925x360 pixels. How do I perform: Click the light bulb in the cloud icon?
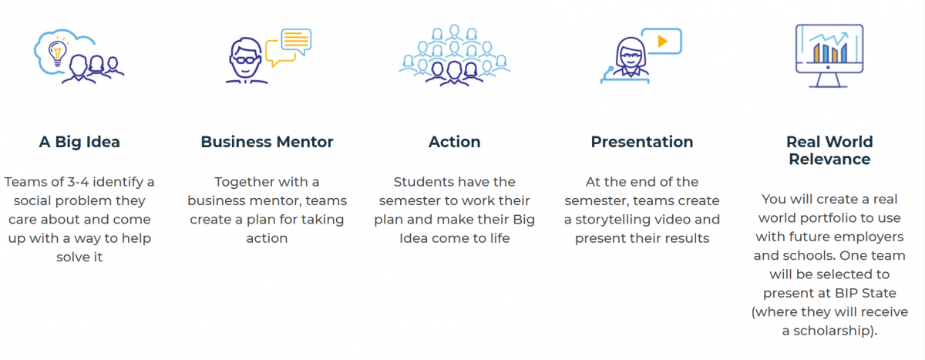pos(57,52)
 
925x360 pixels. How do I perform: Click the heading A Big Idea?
pos(79,142)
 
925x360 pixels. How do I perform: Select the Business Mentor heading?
pos(267,142)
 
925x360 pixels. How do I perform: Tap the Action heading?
pos(454,142)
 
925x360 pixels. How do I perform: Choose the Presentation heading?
pos(641,142)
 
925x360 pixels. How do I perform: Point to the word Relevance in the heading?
pos(829,160)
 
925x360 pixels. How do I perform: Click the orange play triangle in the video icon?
pos(662,41)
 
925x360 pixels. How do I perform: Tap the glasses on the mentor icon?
pos(246,60)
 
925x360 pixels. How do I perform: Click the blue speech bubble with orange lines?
pos(296,42)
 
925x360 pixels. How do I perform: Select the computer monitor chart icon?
pos(829,56)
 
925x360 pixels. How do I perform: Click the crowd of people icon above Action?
pos(454,56)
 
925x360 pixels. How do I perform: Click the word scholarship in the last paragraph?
pos(830,331)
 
